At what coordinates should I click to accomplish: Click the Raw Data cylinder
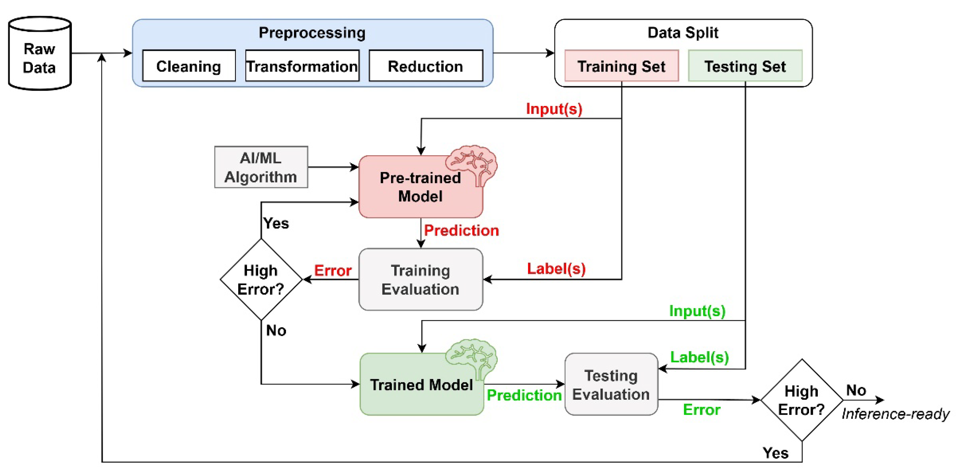tap(40, 54)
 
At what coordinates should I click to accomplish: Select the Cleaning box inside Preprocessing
tap(189, 66)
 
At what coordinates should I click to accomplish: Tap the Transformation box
tap(302, 66)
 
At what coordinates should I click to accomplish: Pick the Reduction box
tap(426, 66)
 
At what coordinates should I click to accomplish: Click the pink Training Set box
tap(622, 66)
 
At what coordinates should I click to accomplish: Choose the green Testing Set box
tap(745, 66)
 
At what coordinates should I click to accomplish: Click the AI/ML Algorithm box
tap(261, 167)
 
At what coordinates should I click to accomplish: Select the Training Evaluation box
tap(420, 279)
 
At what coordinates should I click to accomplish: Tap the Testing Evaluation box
tap(611, 384)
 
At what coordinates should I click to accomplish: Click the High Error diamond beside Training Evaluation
tap(261, 279)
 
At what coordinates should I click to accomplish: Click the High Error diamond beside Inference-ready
tap(802, 400)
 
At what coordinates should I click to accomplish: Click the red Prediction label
tap(461, 230)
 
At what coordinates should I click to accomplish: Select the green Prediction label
tap(524, 395)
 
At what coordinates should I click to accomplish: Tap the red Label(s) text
tap(556, 269)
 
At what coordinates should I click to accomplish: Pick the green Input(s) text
tap(697, 311)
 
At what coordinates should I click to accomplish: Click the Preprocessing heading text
tap(312, 33)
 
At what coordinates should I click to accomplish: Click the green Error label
tap(701, 410)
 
